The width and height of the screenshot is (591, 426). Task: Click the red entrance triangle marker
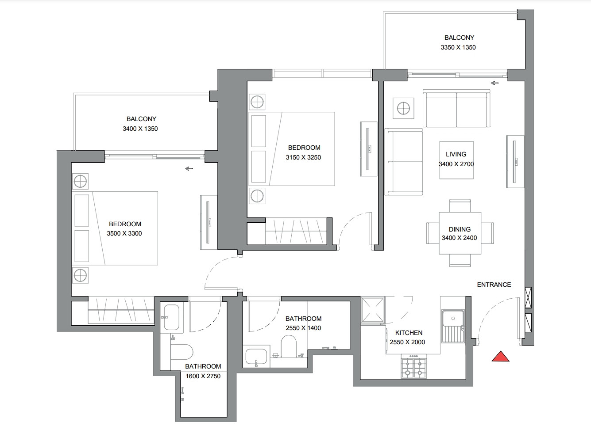point(501,357)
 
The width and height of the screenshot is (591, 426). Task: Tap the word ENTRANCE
point(494,285)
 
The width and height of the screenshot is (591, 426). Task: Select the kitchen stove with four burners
point(413,366)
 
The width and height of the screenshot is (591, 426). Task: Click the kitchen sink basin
point(453,318)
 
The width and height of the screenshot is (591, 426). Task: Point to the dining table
point(460,233)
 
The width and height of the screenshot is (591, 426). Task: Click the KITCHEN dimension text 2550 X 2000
point(407,342)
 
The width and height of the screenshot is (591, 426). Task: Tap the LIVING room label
point(456,154)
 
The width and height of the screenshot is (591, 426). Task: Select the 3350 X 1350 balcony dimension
point(458,47)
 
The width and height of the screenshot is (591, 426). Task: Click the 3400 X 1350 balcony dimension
point(140,129)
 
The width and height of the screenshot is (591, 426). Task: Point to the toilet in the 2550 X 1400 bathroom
point(289,346)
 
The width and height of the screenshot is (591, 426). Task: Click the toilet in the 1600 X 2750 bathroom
point(182,352)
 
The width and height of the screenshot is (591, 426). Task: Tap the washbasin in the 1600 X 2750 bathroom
point(171,317)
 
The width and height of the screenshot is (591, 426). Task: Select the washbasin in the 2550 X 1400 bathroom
point(256,357)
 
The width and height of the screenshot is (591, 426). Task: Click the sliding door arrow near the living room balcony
point(494,83)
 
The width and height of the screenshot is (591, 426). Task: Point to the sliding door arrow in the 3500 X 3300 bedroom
point(189,169)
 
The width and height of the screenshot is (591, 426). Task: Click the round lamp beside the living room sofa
point(403,108)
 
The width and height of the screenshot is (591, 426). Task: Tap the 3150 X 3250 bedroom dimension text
point(303,157)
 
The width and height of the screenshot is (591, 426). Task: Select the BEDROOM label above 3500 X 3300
point(125,224)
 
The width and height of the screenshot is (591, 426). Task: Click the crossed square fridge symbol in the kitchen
point(373,310)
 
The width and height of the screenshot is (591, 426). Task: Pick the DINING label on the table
point(460,229)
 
